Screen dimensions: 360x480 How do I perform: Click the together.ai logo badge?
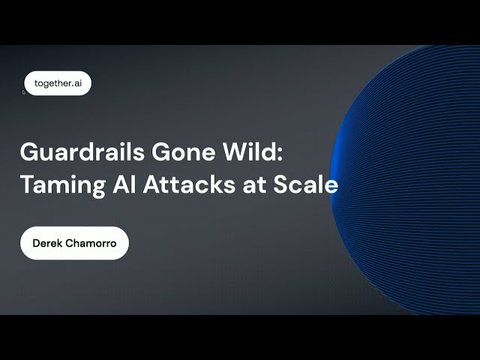[x=58, y=83]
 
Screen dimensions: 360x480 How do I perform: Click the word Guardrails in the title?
[x=71, y=152]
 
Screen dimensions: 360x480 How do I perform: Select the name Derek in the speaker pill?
[x=47, y=244]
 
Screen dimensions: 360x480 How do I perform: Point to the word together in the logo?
[x=51, y=83]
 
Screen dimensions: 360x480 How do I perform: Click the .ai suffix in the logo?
[x=76, y=83]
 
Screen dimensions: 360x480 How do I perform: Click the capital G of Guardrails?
[x=28, y=152]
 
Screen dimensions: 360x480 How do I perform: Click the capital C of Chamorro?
[x=69, y=244]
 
